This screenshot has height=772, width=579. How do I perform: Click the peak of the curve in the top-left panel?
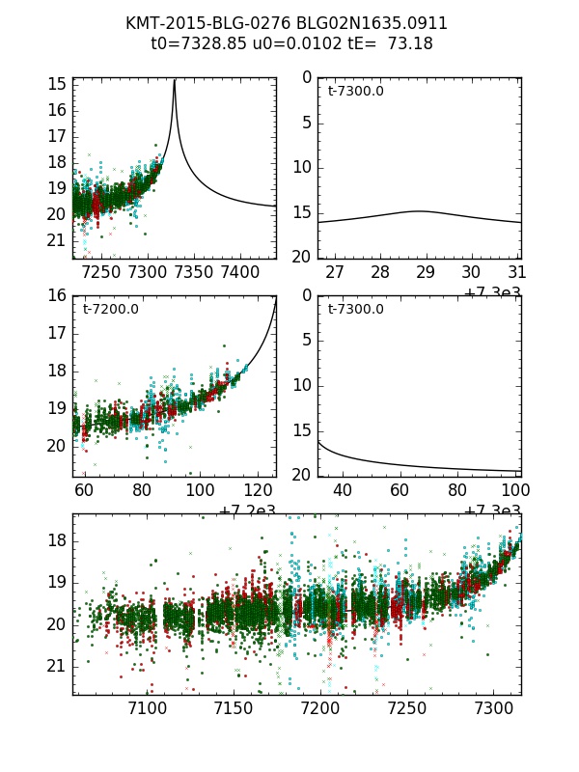tap(174, 81)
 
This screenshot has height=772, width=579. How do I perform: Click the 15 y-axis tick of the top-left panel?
tap(56, 84)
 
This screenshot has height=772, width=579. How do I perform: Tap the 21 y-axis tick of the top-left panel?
tap(56, 240)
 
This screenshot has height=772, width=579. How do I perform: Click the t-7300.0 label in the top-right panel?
tap(355, 92)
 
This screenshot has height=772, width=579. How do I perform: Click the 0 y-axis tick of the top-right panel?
tap(306, 77)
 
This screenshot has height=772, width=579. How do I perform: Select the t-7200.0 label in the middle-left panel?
tap(110, 310)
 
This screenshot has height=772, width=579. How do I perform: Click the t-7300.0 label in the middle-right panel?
tap(355, 310)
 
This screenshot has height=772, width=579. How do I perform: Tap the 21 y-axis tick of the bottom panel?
tap(56, 666)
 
